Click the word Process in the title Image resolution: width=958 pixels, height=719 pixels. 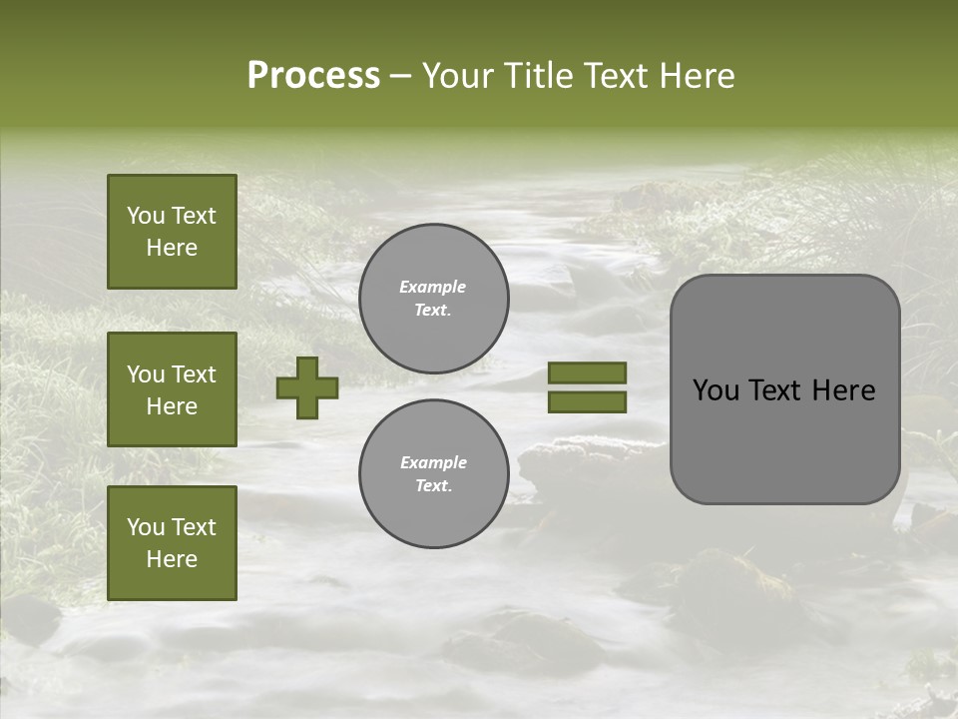(313, 76)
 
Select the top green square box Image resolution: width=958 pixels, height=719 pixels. (172, 232)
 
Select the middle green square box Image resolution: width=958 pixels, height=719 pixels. (172, 389)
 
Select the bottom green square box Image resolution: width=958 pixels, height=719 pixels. (172, 543)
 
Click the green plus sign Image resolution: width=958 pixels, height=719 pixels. (307, 387)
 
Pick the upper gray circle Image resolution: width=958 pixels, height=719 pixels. (433, 298)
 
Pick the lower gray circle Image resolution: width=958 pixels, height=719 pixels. (433, 473)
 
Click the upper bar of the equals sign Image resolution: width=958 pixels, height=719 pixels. (587, 372)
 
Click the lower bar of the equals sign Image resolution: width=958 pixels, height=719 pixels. (587, 401)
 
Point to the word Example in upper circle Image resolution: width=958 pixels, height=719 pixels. (433, 287)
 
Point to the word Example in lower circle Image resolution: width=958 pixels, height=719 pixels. (433, 462)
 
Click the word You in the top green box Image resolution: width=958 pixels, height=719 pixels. (146, 216)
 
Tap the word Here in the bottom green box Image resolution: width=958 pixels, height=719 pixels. (172, 559)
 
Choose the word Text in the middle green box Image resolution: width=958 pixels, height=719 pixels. (193, 374)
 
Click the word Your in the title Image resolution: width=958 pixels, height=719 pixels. (458, 76)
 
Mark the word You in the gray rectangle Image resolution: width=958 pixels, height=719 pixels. (716, 390)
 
